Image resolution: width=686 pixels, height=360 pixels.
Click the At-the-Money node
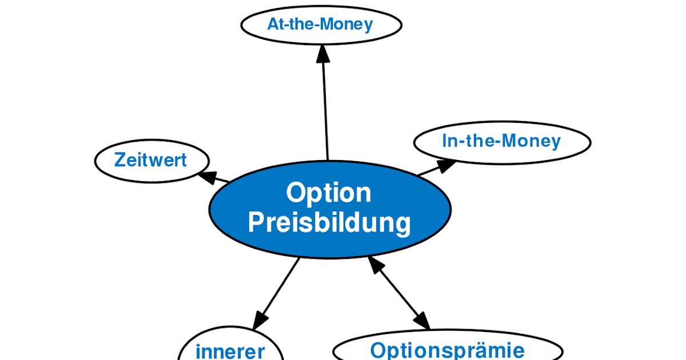pyautogui.click(x=321, y=25)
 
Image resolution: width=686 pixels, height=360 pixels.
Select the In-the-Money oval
pyautogui.click(x=501, y=141)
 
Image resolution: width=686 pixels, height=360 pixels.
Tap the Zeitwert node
pyautogui.click(x=151, y=160)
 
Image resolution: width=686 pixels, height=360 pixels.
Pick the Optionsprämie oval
pyautogui.click(x=447, y=349)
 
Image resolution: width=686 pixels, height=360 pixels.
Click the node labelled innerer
pyautogui.click(x=230, y=350)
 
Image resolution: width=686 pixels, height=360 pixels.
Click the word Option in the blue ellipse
pyautogui.click(x=329, y=193)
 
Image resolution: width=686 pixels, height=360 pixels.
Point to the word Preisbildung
pyautogui.click(x=330, y=222)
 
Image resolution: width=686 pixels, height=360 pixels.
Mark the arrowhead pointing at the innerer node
pyautogui.click(x=261, y=319)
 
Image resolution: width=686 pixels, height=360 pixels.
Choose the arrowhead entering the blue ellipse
pyautogui.click(x=376, y=265)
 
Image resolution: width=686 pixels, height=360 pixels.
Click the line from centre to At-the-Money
pyautogui.click(x=326, y=109)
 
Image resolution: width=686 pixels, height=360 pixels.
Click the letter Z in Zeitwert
pyautogui.click(x=119, y=160)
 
